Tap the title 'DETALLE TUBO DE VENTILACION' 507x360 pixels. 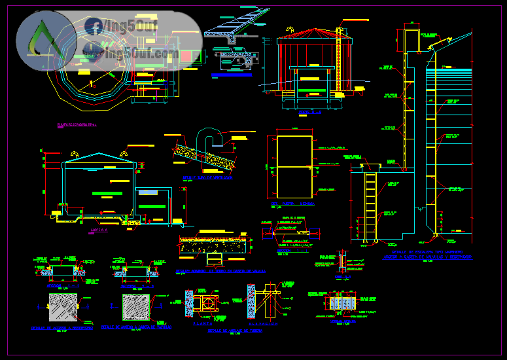click(208, 177)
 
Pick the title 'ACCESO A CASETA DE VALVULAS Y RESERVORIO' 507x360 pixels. click(428, 258)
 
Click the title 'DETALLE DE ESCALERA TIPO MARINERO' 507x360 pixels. click(427, 251)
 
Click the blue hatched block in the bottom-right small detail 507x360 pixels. click(340, 304)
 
